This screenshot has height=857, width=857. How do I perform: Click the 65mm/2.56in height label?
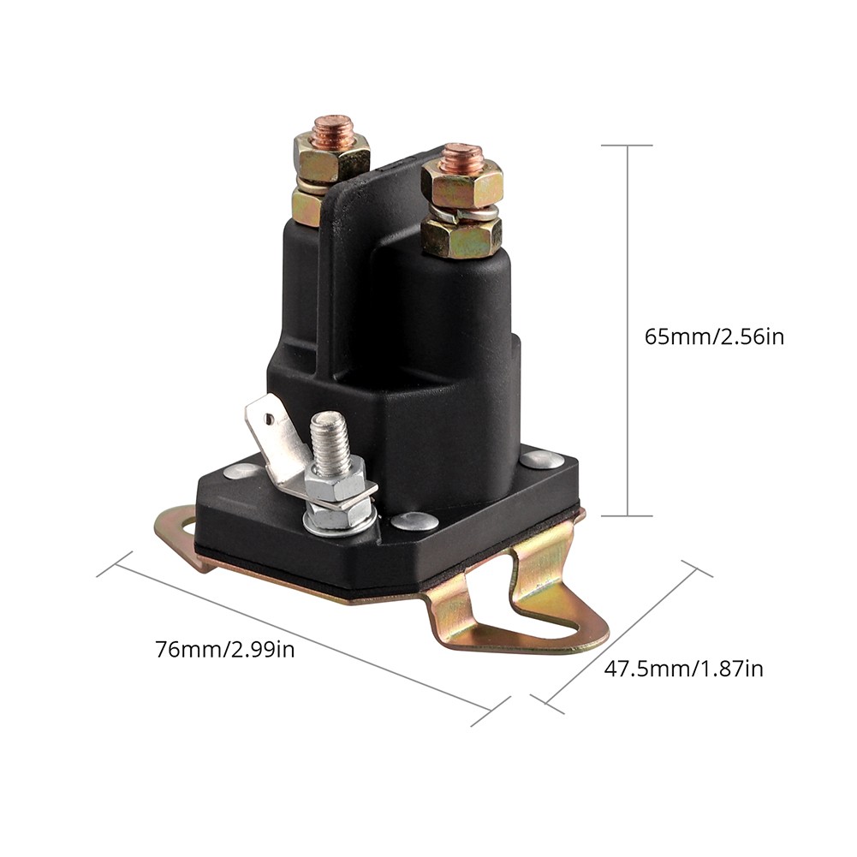point(714,336)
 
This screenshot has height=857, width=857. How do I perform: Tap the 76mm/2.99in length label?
point(225,650)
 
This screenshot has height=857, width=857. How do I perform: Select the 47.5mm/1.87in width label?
point(684,669)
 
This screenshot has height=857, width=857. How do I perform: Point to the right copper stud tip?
point(462,157)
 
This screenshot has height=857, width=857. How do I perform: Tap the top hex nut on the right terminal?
point(462,184)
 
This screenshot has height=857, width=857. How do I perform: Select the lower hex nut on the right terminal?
point(461,235)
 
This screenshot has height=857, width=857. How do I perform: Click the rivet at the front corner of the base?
point(415,521)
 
